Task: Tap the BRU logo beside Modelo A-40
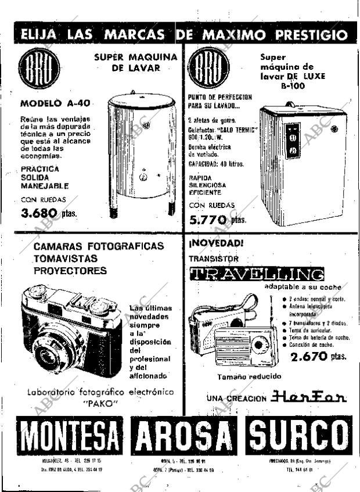point(39,68)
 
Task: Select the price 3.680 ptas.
point(49,213)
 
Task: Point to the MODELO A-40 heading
point(55,103)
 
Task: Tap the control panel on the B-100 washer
point(293,141)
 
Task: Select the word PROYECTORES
point(70,271)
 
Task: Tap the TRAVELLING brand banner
point(256,274)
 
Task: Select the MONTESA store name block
point(71,436)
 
